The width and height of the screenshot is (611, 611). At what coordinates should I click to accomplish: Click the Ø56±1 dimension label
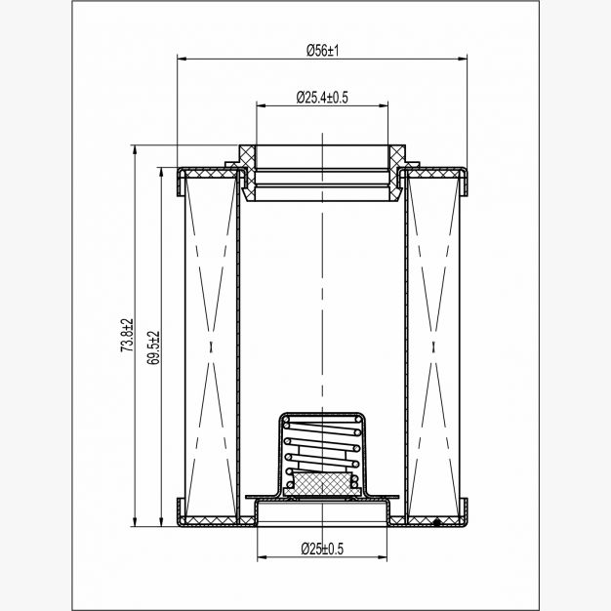coord(323,51)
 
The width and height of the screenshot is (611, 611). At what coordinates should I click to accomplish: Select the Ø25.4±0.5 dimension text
coord(322,97)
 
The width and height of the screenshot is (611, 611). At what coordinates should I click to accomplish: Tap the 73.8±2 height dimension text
coord(127,335)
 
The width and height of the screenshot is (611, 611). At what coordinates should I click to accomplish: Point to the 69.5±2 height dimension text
coord(153,347)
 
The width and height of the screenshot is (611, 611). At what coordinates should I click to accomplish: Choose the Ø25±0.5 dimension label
coord(322,549)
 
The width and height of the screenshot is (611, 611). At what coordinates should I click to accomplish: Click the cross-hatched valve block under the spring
coord(322,483)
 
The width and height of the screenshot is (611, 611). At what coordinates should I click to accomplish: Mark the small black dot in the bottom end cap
coord(437,521)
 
